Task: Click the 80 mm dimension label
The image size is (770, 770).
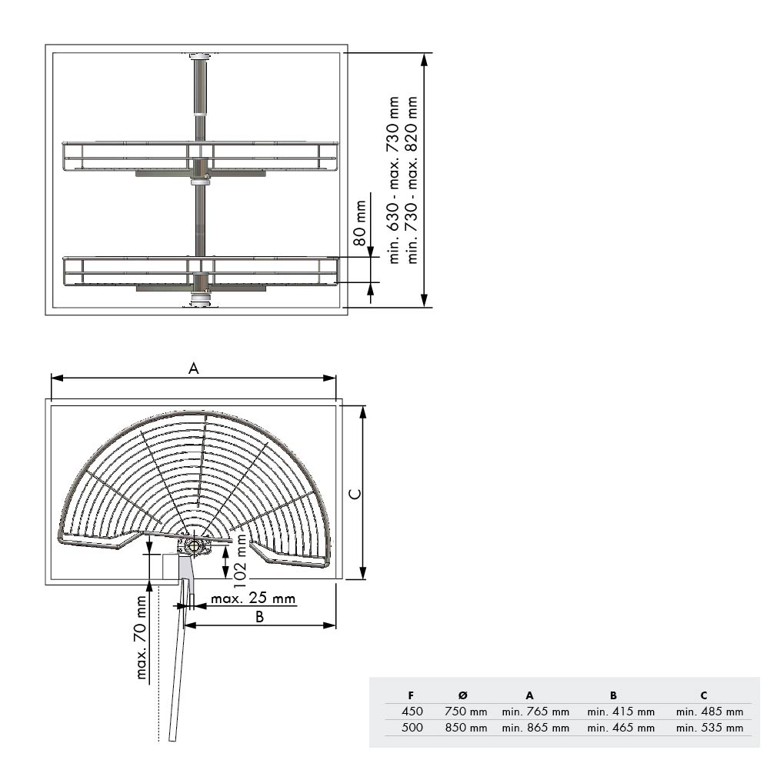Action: [360, 223]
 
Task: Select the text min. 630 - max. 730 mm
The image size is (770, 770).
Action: [393, 180]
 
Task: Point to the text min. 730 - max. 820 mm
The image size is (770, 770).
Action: [412, 180]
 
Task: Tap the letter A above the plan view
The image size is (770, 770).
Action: [194, 368]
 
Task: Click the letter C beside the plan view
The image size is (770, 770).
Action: [355, 493]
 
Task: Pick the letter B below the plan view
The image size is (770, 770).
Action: [259, 617]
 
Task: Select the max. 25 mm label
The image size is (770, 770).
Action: [253, 598]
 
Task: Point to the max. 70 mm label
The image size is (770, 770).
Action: [142, 638]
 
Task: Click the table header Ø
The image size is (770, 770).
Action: [462, 695]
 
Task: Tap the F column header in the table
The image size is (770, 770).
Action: [411, 695]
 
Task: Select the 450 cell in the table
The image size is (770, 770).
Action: [412, 711]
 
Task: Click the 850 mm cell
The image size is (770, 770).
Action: [466, 728]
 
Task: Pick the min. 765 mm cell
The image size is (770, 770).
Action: [535, 712]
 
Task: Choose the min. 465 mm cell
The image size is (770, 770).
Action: [622, 728]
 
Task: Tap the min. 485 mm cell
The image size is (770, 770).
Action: [709, 712]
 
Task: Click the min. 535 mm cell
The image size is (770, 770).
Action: [709, 728]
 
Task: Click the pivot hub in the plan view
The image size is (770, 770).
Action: [193, 545]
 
